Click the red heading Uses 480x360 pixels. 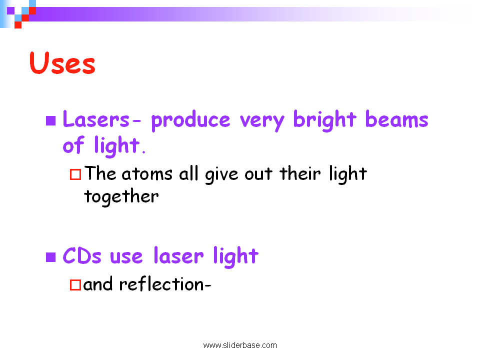click(x=62, y=63)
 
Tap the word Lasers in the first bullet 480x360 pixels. click(x=96, y=119)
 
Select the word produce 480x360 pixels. click(x=190, y=120)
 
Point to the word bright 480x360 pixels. click(x=325, y=120)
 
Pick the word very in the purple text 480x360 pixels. click(x=262, y=122)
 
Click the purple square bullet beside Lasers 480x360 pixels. click(x=51, y=120)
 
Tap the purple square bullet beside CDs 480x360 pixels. click(x=51, y=257)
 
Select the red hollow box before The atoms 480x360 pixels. click(x=75, y=174)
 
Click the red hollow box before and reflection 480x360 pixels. click(x=75, y=284)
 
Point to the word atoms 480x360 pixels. click(x=147, y=174)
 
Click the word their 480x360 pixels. click(x=300, y=173)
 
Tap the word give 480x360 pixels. click(x=221, y=175)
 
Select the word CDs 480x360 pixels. click(x=81, y=255)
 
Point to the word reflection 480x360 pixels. click(x=161, y=283)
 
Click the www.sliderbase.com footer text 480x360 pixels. click(x=240, y=345)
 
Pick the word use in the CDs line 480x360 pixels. click(x=126, y=257)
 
